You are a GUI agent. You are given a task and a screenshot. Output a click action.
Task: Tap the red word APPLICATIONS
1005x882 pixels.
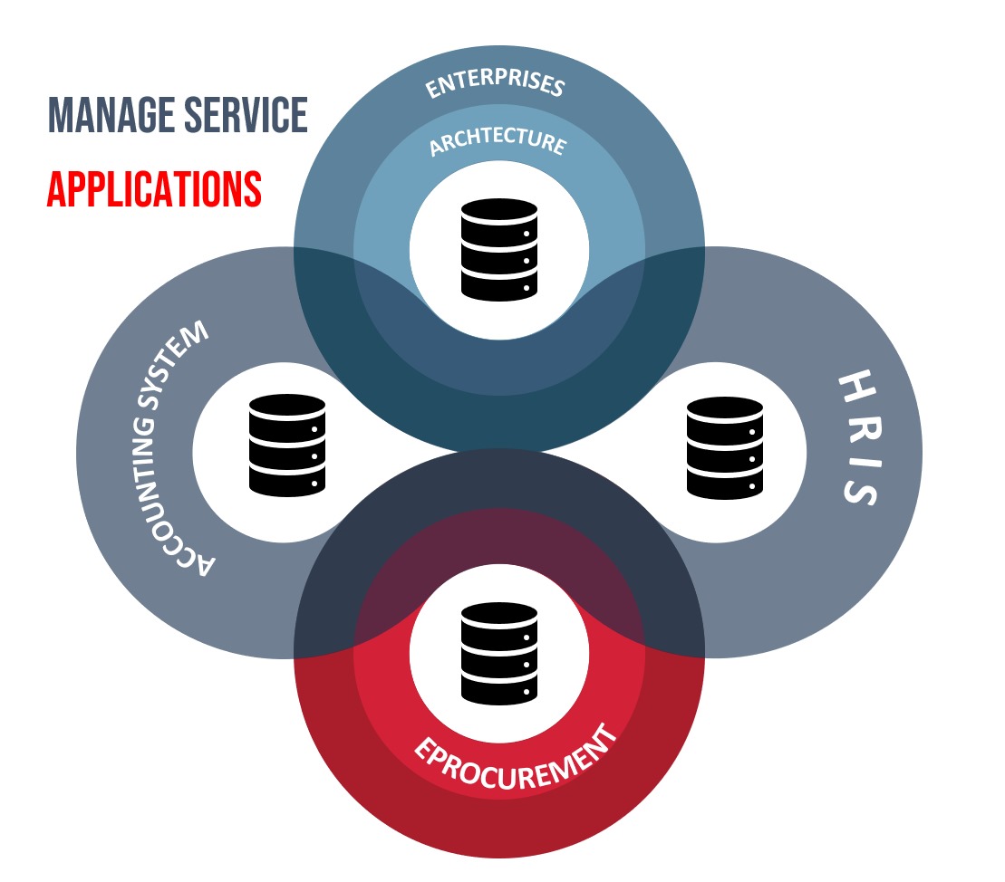154,188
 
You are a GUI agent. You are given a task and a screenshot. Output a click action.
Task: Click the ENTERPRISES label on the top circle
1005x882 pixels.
496,84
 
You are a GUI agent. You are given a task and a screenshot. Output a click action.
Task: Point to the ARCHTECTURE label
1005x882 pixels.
498,142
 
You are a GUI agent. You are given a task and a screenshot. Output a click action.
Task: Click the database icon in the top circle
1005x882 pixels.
499,249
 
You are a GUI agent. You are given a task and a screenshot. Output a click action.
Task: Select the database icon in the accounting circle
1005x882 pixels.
286,444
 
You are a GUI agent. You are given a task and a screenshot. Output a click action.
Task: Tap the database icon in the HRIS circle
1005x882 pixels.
724,446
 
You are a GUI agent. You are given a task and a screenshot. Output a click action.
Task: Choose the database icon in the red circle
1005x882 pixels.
499,653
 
